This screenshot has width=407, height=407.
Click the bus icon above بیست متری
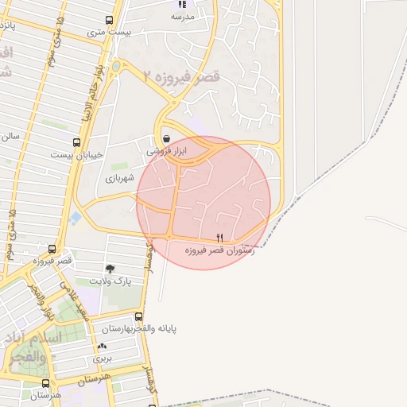(x=109, y=20)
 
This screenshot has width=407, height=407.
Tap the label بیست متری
(x=109, y=33)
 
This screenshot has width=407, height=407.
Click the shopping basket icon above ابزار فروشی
(x=165, y=138)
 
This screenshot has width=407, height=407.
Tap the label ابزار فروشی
(x=166, y=150)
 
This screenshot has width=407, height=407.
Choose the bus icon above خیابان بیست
(x=76, y=142)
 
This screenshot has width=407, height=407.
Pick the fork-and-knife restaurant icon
(x=219, y=238)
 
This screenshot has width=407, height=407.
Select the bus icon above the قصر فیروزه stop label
(x=52, y=249)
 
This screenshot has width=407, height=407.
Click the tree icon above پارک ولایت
(x=109, y=269)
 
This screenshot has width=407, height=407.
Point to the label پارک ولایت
(x=110, y=281)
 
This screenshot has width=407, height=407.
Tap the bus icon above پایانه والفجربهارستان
(x=139, y=316)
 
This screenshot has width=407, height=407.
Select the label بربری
(x=103, y=359)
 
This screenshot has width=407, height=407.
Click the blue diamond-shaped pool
(x=76, y=217)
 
